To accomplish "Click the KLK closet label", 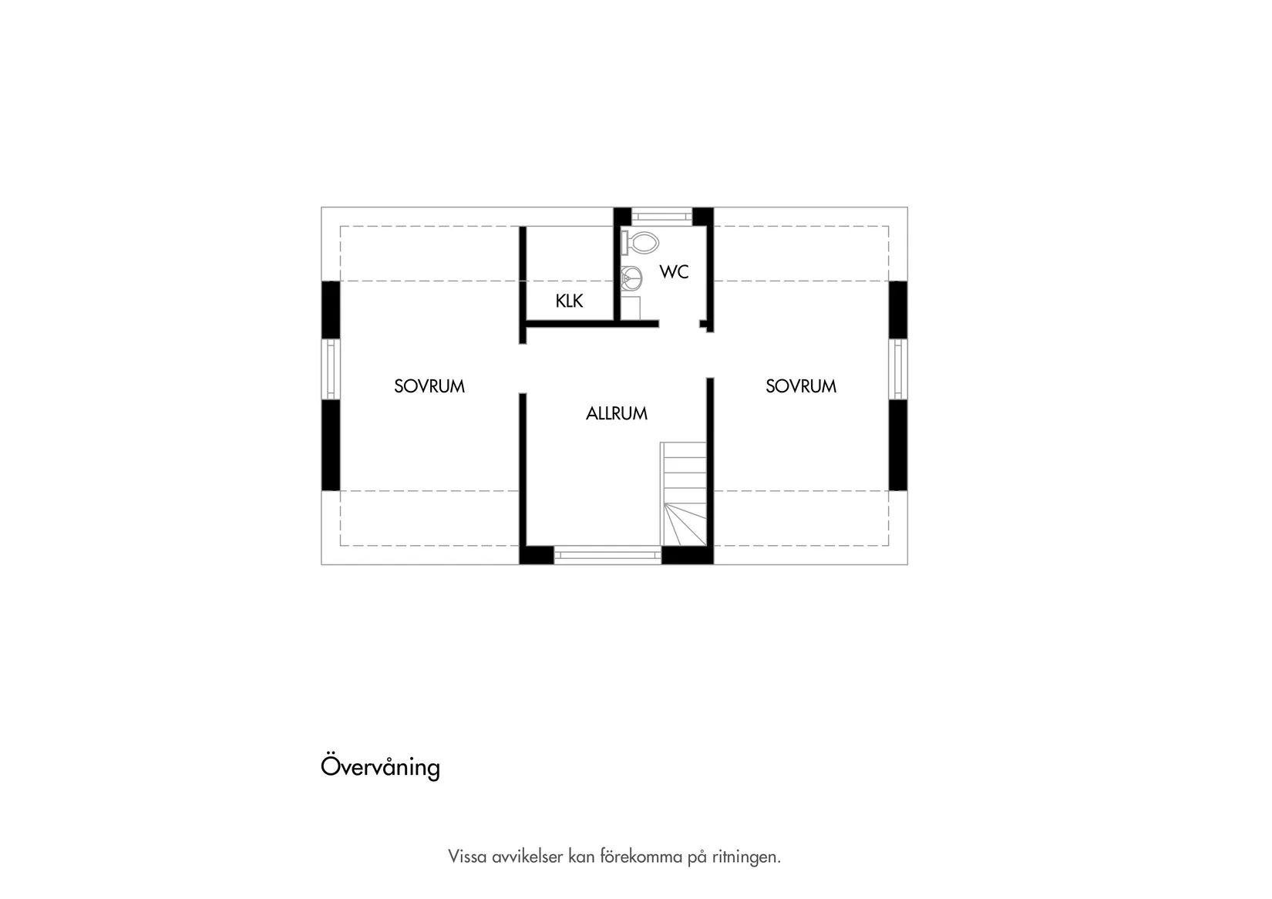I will coord(569,301).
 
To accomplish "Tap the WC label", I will coord(674,272).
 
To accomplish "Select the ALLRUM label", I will coord(616,414).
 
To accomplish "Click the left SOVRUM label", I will coord(429,386).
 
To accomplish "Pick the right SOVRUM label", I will coord(800,386).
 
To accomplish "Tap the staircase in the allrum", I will coord(684,493).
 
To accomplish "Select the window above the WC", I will coord(662,216).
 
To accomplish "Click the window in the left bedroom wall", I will coord(331,369).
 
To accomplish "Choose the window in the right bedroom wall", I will coord(897,369).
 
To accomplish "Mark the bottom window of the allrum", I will coord(607,554).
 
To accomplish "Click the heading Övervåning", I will coord(380,767).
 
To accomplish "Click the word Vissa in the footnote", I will coord(467,857).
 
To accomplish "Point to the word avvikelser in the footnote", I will coord(527,857).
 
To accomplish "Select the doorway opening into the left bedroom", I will coord(522,368).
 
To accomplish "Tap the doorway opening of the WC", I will coord(679,325).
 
